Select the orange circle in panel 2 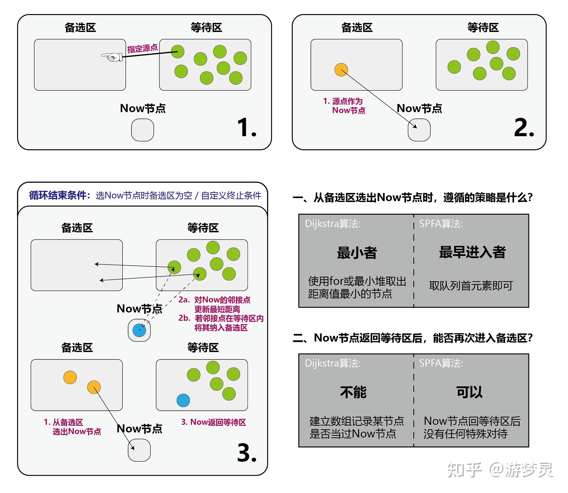(x=341, y=70)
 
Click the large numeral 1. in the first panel (x=247, y=128)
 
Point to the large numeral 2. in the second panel (x=524, y=128)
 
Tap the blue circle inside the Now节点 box (x=139, y=330)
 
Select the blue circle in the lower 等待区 (x=183, y=400)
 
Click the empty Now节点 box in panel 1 (x=143, y=130)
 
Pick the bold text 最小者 (x=357, y=253)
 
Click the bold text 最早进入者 (x=472, y=252)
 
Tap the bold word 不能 (x=353, y=392)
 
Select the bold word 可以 (x=469, y=392)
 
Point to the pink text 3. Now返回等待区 (x=214, y=422)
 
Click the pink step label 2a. (x=184, y=300)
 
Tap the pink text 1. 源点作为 (x=343, y=101)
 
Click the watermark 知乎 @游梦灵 (x=500, y=470)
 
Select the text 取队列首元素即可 (x=471, y=286)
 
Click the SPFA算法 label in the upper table (x=441, y=224)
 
